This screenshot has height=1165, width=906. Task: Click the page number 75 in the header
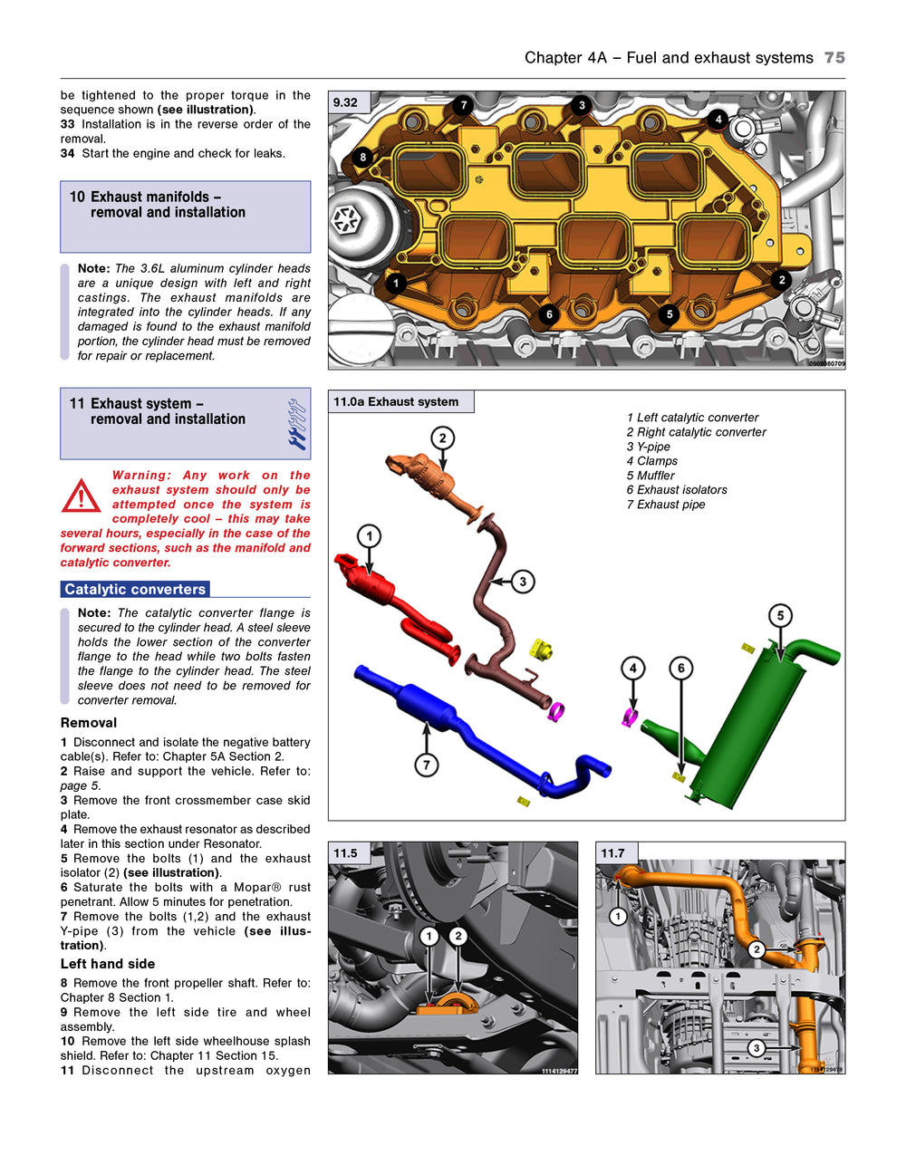click(x=834, y=58)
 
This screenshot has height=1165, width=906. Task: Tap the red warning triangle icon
click(x=82, y=496)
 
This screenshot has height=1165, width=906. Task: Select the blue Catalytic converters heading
click(x=135, y=589)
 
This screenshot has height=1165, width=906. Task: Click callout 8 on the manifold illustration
click(x=363, y=158)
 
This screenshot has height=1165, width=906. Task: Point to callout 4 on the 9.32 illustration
click(x=718, y=119)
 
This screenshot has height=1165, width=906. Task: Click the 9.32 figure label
click(x=345, y=102)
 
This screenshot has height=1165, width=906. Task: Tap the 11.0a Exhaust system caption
click(x=396, y=402)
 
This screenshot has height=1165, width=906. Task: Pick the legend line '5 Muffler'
click(x=651, y=476)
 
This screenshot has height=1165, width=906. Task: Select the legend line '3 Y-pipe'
click(x=649, y=447)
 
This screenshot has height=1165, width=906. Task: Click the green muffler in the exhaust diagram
click(x=752, y=716)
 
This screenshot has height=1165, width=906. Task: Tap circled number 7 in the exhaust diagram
click(x=427, y=765)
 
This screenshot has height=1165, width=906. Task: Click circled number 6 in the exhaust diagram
click(x=681, y=669)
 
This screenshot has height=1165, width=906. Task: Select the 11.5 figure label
click(x=345, y=853)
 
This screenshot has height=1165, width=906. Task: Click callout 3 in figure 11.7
click(x=757, y=1048)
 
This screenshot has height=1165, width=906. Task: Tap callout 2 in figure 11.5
click(x=458, y=936)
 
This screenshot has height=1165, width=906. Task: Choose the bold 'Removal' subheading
click(x=89, y=723)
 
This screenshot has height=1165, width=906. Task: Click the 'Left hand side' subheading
click(x=108, y=964)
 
